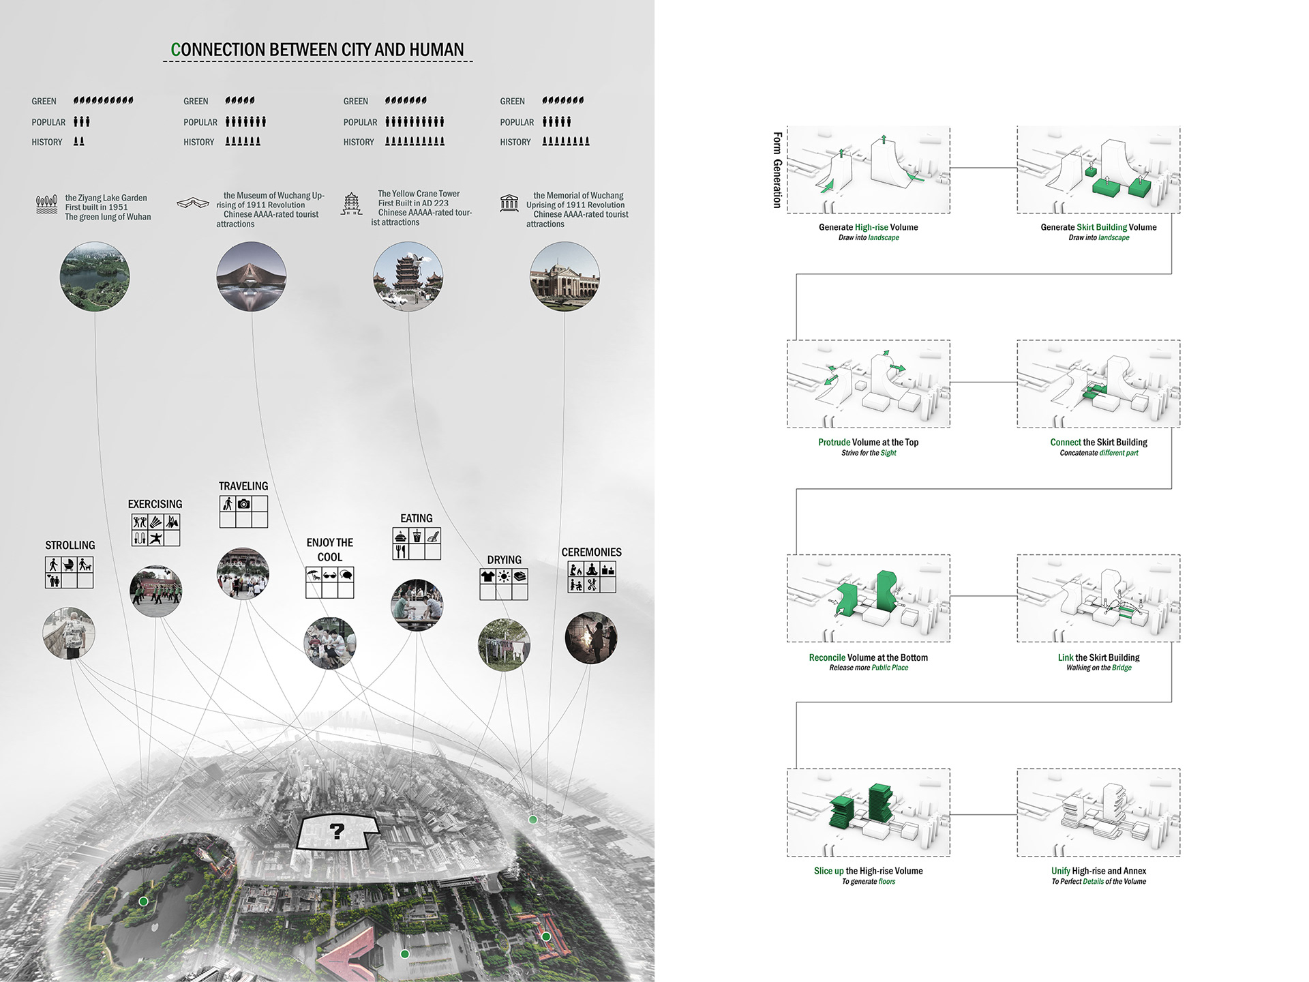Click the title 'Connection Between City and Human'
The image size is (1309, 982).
point(318,50)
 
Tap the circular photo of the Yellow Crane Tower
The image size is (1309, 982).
point(408,276)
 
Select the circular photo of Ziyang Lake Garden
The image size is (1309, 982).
point(94,276)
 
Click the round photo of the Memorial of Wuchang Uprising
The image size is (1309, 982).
point(565,276)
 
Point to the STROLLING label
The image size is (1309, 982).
point(70,546)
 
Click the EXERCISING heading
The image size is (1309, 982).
point(155,504)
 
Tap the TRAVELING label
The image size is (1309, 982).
point(243,486)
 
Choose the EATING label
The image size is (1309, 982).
point(417,518)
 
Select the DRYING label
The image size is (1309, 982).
point(504,560)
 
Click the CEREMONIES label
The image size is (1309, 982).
point(591,552)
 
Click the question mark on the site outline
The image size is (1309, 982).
point(337,831)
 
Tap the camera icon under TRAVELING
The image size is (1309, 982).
point(244,504)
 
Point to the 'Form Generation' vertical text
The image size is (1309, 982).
point(777,170)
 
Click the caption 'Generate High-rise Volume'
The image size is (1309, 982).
point(868,227)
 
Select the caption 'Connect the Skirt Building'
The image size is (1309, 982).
point(1098,443)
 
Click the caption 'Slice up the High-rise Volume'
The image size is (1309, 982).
point(868,871)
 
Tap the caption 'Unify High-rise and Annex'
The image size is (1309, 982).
point(1098,871)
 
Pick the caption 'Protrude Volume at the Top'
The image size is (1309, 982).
point(868,443)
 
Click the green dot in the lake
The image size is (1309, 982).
point(143,901)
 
